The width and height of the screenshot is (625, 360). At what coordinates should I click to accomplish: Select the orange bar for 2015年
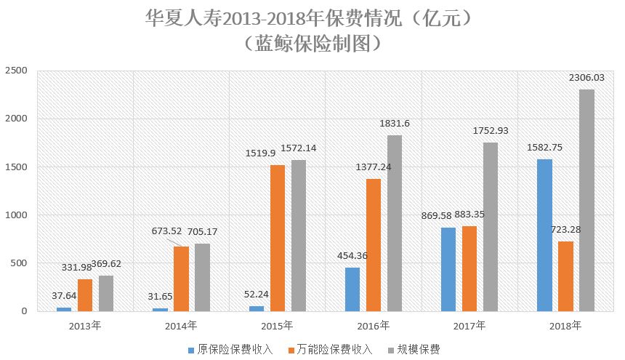click(x=278, y=238)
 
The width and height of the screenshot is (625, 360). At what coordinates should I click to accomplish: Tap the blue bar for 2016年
click(x=352, y=289)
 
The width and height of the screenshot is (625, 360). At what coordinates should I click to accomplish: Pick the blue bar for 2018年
click(x=544, y=235)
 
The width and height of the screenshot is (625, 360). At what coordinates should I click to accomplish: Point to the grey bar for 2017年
click(x=491, y=227)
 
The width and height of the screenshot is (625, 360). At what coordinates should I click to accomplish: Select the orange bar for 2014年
click(x=181, y=279)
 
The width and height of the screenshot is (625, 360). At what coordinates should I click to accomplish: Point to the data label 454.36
click(x=352, y=255)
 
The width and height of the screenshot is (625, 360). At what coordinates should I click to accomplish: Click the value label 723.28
click(x=565, y=229)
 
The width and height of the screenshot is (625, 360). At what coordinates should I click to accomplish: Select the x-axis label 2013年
click(x=85, y=325)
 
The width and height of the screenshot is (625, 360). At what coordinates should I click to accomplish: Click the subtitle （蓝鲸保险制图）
click(x=312, y=43)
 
